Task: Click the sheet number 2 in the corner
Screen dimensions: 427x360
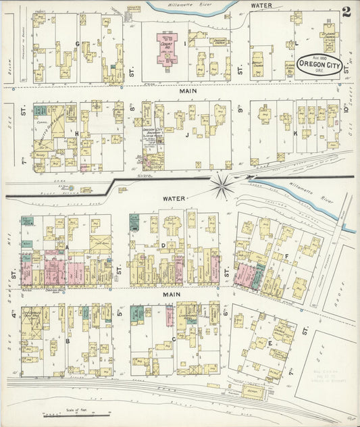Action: [346, 11]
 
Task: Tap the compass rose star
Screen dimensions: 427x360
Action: [221, 182]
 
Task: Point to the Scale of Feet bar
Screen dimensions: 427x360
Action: [68, 414]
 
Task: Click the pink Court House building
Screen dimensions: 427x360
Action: [167, 48]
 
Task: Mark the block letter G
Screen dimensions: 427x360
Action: [77, 44]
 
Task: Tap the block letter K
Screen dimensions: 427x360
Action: [295, 134]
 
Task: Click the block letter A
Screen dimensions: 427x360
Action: [68, 248]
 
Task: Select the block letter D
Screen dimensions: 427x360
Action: [163, 245]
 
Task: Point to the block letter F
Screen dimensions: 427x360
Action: [286, 256]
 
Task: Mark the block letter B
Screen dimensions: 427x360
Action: [68, 341]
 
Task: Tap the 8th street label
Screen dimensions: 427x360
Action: [132, 108]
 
